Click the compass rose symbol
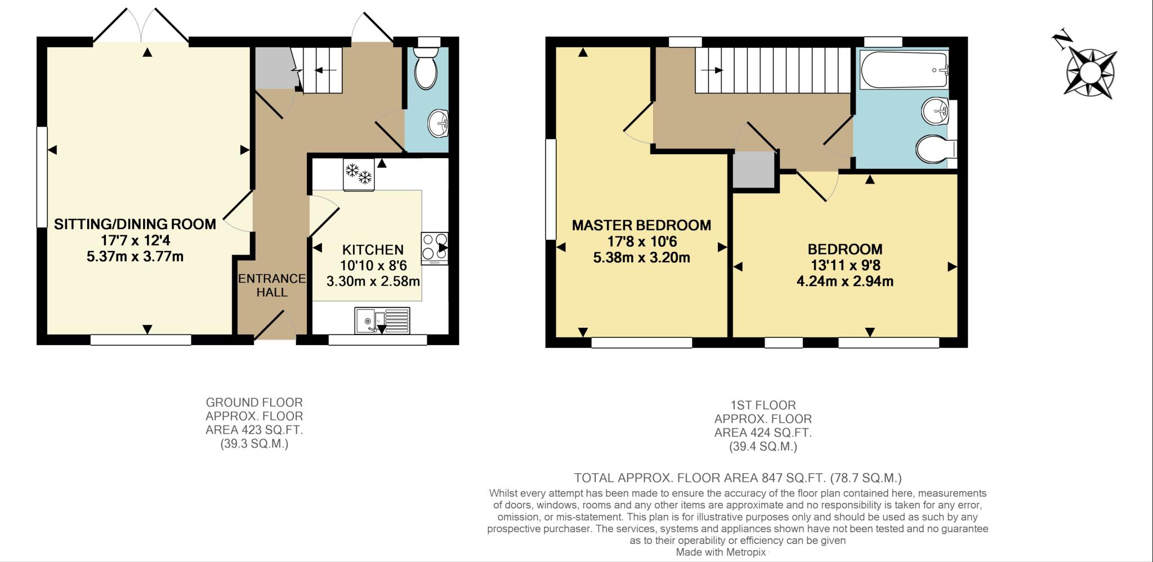(x=1089, y=71)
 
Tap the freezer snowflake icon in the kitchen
(x=359, y=173)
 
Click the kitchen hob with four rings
(x=435, y=248)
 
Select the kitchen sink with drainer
(x=382, y=320)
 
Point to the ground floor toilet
(x=426, y=68)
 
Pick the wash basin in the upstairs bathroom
(x=936, y=111)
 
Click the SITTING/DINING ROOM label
(x=135, y=224)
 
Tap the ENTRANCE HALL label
(x=272, y=286)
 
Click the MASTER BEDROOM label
(x=642, y=225)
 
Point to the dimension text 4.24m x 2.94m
(x=845, y=281)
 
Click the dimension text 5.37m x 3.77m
(x=135, y=257)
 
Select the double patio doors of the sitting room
(x=141, y=25)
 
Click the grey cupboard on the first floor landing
(x=754, y=170)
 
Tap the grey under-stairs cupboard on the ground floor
(x=275, y=68)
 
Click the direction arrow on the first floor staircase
(x=712, y=70)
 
